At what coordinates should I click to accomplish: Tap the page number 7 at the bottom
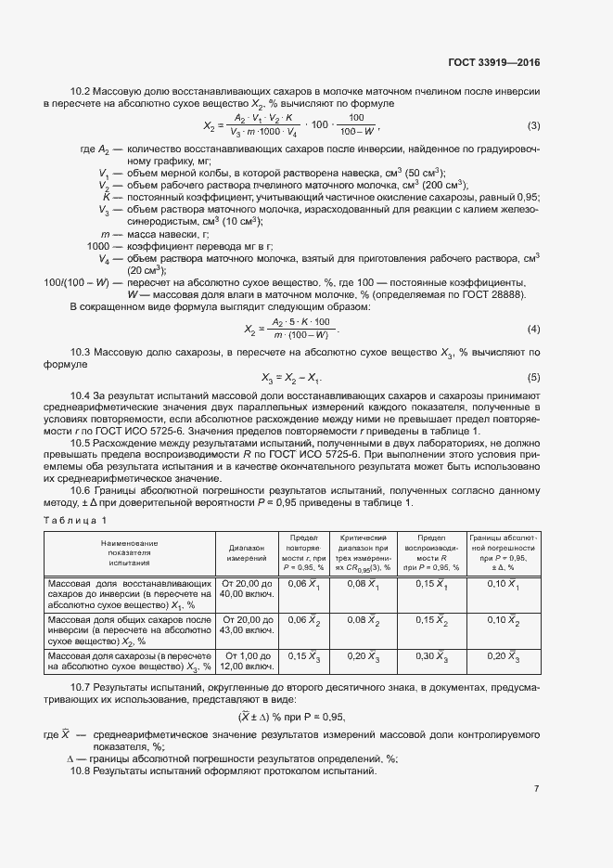[537, 789]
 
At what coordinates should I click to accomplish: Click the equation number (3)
[533, 126]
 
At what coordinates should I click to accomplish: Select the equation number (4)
[533, 330]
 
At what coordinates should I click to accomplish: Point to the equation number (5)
[533, 377]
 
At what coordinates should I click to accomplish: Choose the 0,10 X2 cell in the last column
[504, 620]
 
